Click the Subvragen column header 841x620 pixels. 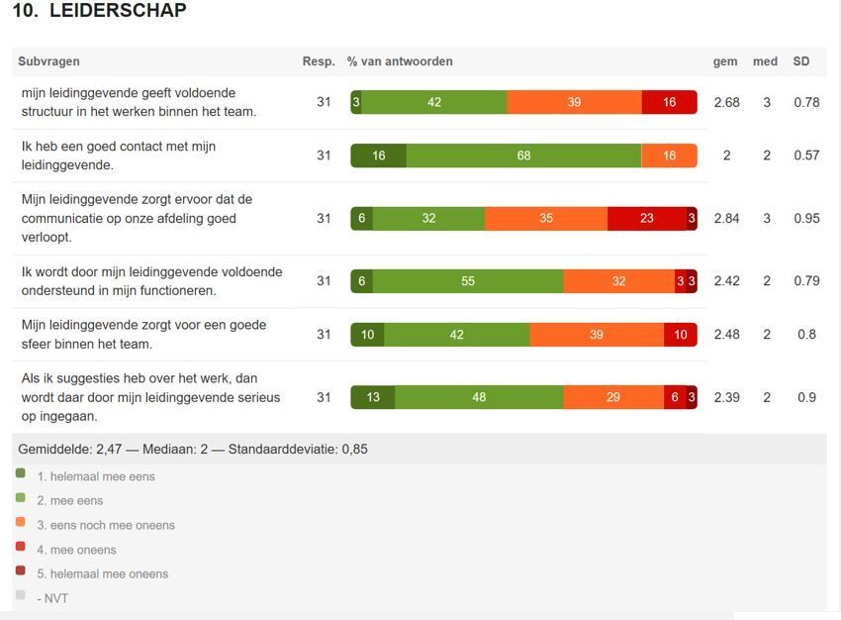[48, 61]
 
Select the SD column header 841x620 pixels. [800, 61]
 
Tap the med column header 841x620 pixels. [765, 61]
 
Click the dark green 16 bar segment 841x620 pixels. [378, 155]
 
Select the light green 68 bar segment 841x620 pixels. [523, 155]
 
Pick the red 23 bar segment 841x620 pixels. [646, 219]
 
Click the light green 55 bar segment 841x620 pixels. [468, 281]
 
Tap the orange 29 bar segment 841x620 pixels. [613, 397]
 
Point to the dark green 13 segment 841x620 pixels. [373, 397]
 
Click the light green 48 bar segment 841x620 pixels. [479, 397]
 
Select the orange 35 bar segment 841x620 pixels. [546, 219]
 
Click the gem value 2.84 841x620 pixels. [726, 219]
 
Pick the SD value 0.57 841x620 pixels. [806, 155]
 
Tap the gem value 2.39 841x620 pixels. [726, 397]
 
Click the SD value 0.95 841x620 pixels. [806, 219]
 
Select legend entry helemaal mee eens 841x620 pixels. [95, 476]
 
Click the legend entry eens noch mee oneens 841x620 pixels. [105, 525]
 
